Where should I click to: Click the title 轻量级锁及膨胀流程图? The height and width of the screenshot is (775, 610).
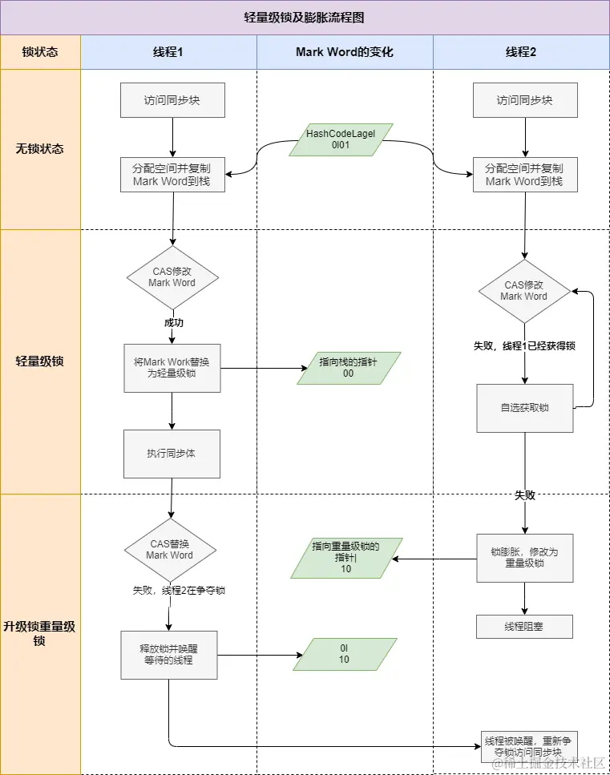tap(305, 17)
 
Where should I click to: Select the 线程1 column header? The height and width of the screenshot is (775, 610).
tap(168, 52)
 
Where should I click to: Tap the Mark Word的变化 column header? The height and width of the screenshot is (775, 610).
tap(345, 52)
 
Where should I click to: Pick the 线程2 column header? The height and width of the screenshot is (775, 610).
tap(521, 52)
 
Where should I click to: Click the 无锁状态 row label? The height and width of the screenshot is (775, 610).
tap(40, 148)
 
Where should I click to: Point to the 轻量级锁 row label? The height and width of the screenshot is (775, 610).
tap(40, 361)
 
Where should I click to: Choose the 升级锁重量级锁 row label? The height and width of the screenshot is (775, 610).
tap(40, 633)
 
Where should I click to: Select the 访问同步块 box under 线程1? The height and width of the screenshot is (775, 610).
tap(172, 101)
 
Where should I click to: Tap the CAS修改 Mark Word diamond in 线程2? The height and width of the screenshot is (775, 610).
tap(524, 290)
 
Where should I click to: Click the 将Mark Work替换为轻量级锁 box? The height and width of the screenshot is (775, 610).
tap(172, 368)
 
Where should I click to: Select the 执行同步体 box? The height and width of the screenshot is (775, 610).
tap(172, 453)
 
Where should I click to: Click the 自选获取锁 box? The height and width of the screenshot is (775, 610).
tap(524, 408)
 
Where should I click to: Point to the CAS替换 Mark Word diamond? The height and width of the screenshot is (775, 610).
tap(170, 549)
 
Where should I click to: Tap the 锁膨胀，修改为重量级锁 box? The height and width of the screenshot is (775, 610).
tap(524, 558)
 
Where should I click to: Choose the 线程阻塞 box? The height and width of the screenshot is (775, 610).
tap(524, 627)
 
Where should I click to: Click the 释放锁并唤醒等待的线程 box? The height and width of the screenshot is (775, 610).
tap(168, 655)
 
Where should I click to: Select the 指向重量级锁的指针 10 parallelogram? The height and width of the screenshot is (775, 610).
tap(345, 557)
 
